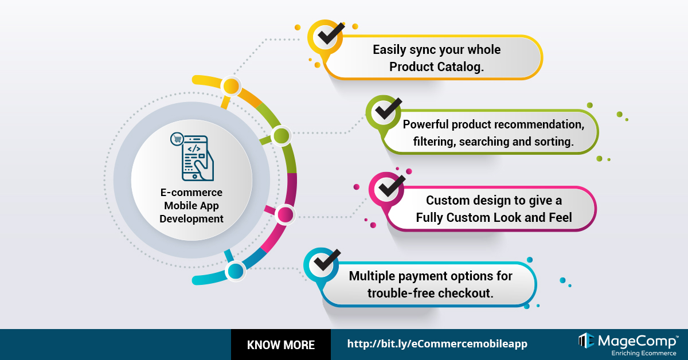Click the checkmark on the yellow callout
click(x=330, y=34)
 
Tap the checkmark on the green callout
click(x=388, y=109)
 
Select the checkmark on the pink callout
click(x=392, y=186)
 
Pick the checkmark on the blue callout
click(x=327, y=260)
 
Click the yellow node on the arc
click(x=231, y=86)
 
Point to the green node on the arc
click(x=281, y=136)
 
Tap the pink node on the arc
click(x=285, y=214)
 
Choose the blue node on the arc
click(x=235, y=271)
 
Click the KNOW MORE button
click(x=281, y=345)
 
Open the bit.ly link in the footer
click(x=437, y=344)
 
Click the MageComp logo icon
click(x=587, y=341)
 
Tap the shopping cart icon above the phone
click(x=177, y=139)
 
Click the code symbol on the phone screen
click(x=194, y=149)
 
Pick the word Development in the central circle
click(x=191, y=219)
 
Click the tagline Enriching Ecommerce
click(x=644, y=354)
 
